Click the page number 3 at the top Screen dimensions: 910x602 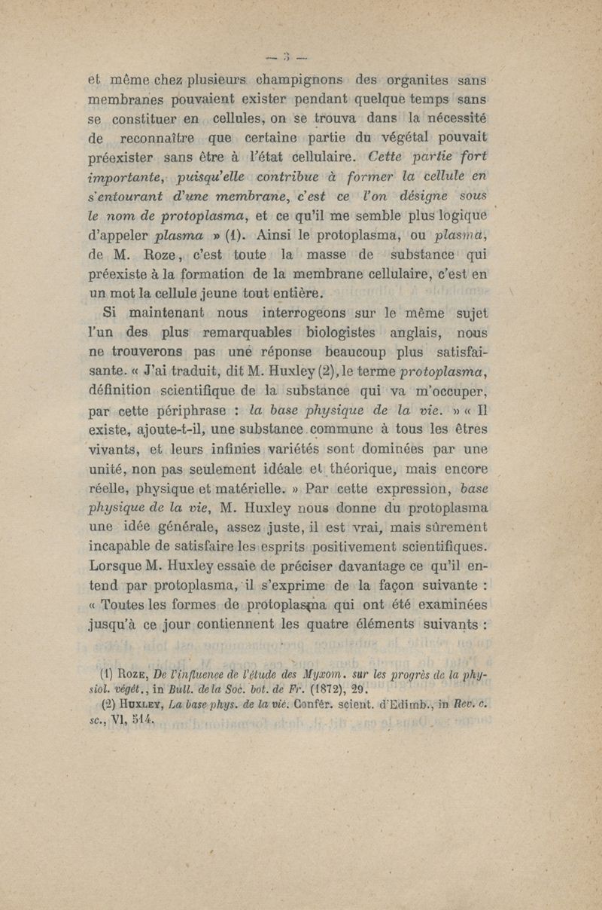(x=289, y=54)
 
